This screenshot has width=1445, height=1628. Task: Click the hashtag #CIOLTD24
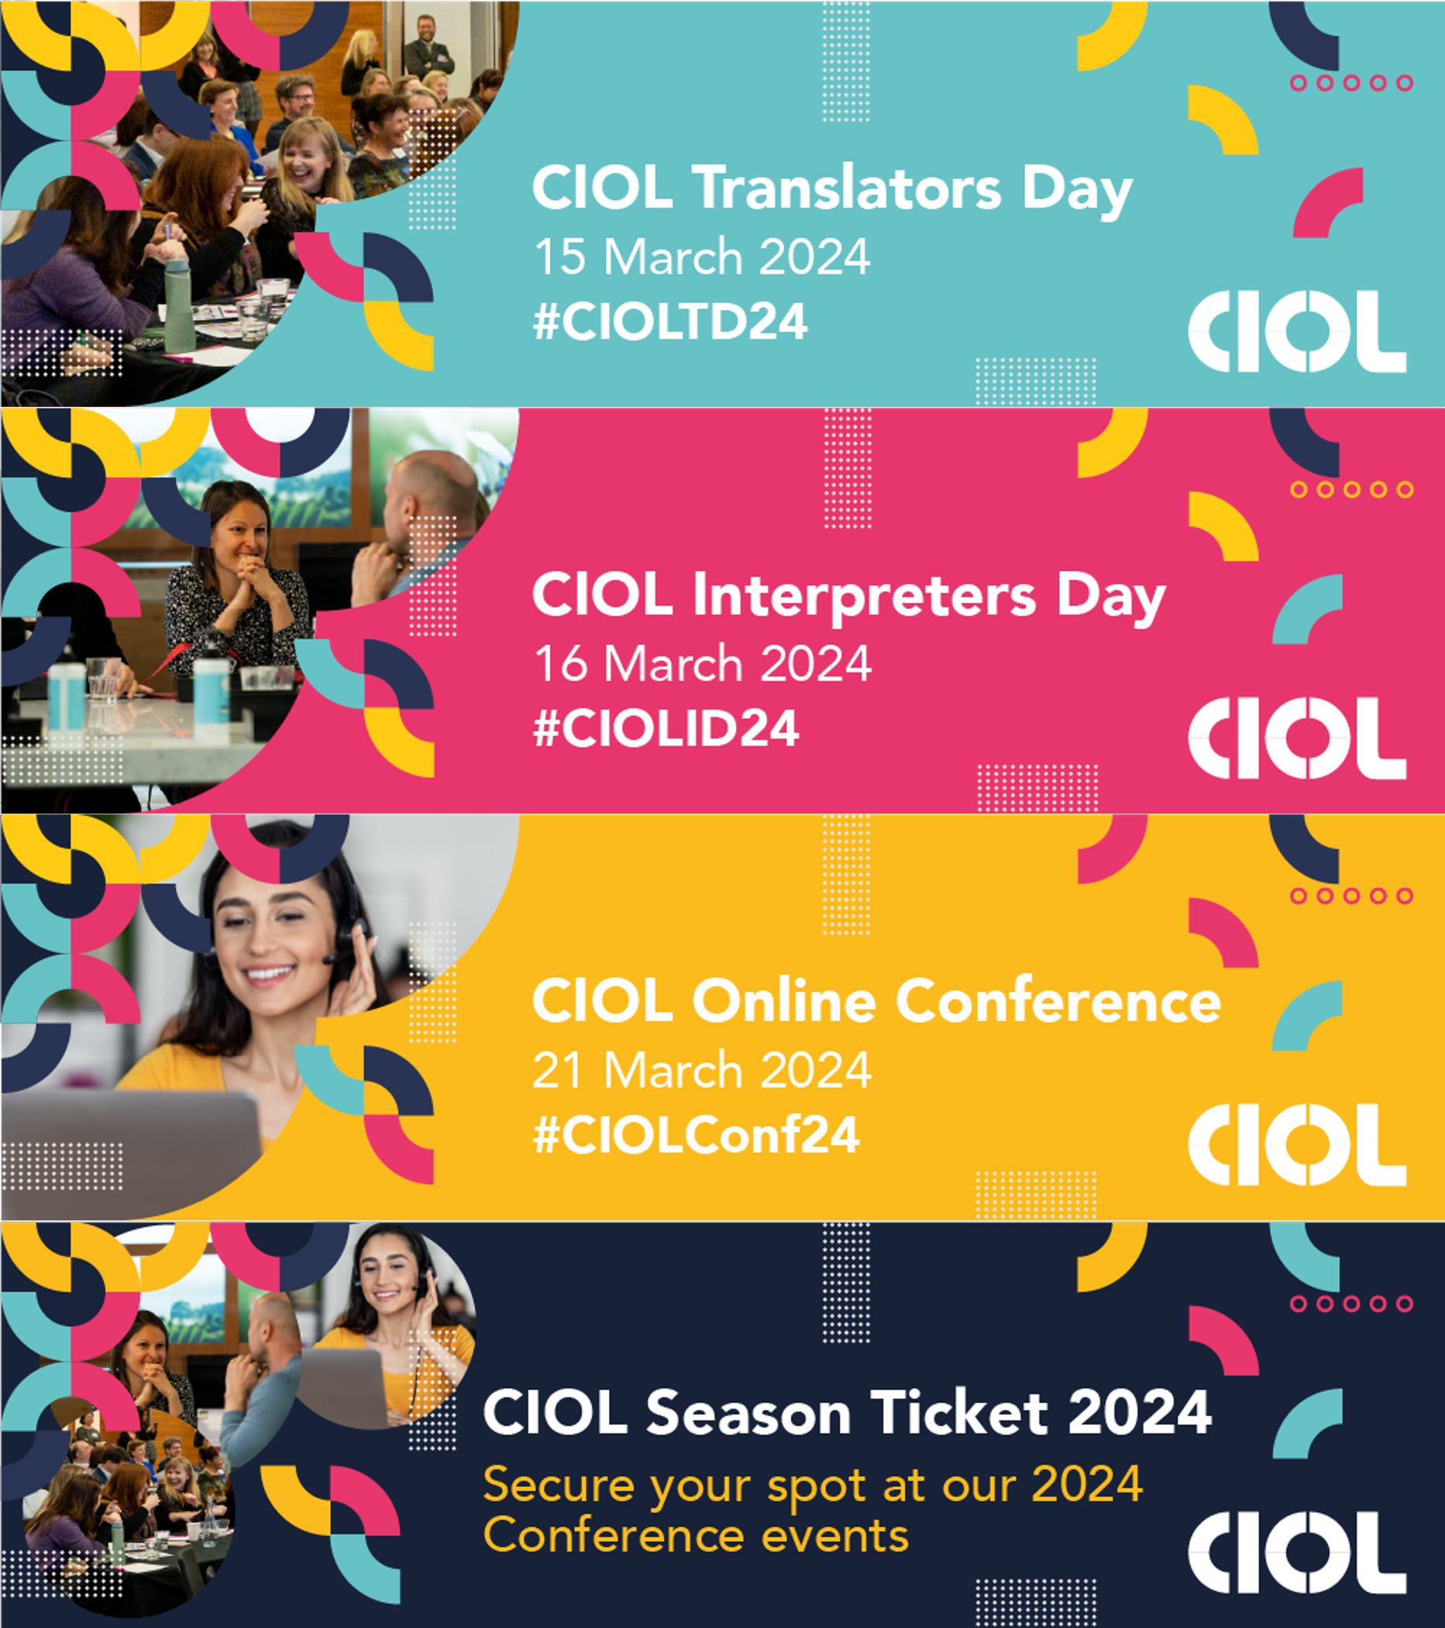670,322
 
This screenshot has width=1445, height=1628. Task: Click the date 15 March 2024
702,256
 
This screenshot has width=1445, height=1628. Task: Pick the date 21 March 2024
702,1069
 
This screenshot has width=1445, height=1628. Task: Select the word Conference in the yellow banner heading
1058,1001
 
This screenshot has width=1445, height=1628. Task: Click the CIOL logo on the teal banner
1297,331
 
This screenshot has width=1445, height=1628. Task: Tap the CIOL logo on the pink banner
1297,738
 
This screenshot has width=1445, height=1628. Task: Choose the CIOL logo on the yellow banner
1297,1144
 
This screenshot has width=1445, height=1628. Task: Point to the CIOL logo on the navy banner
1297,1552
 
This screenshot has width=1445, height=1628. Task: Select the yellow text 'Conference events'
696,1536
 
